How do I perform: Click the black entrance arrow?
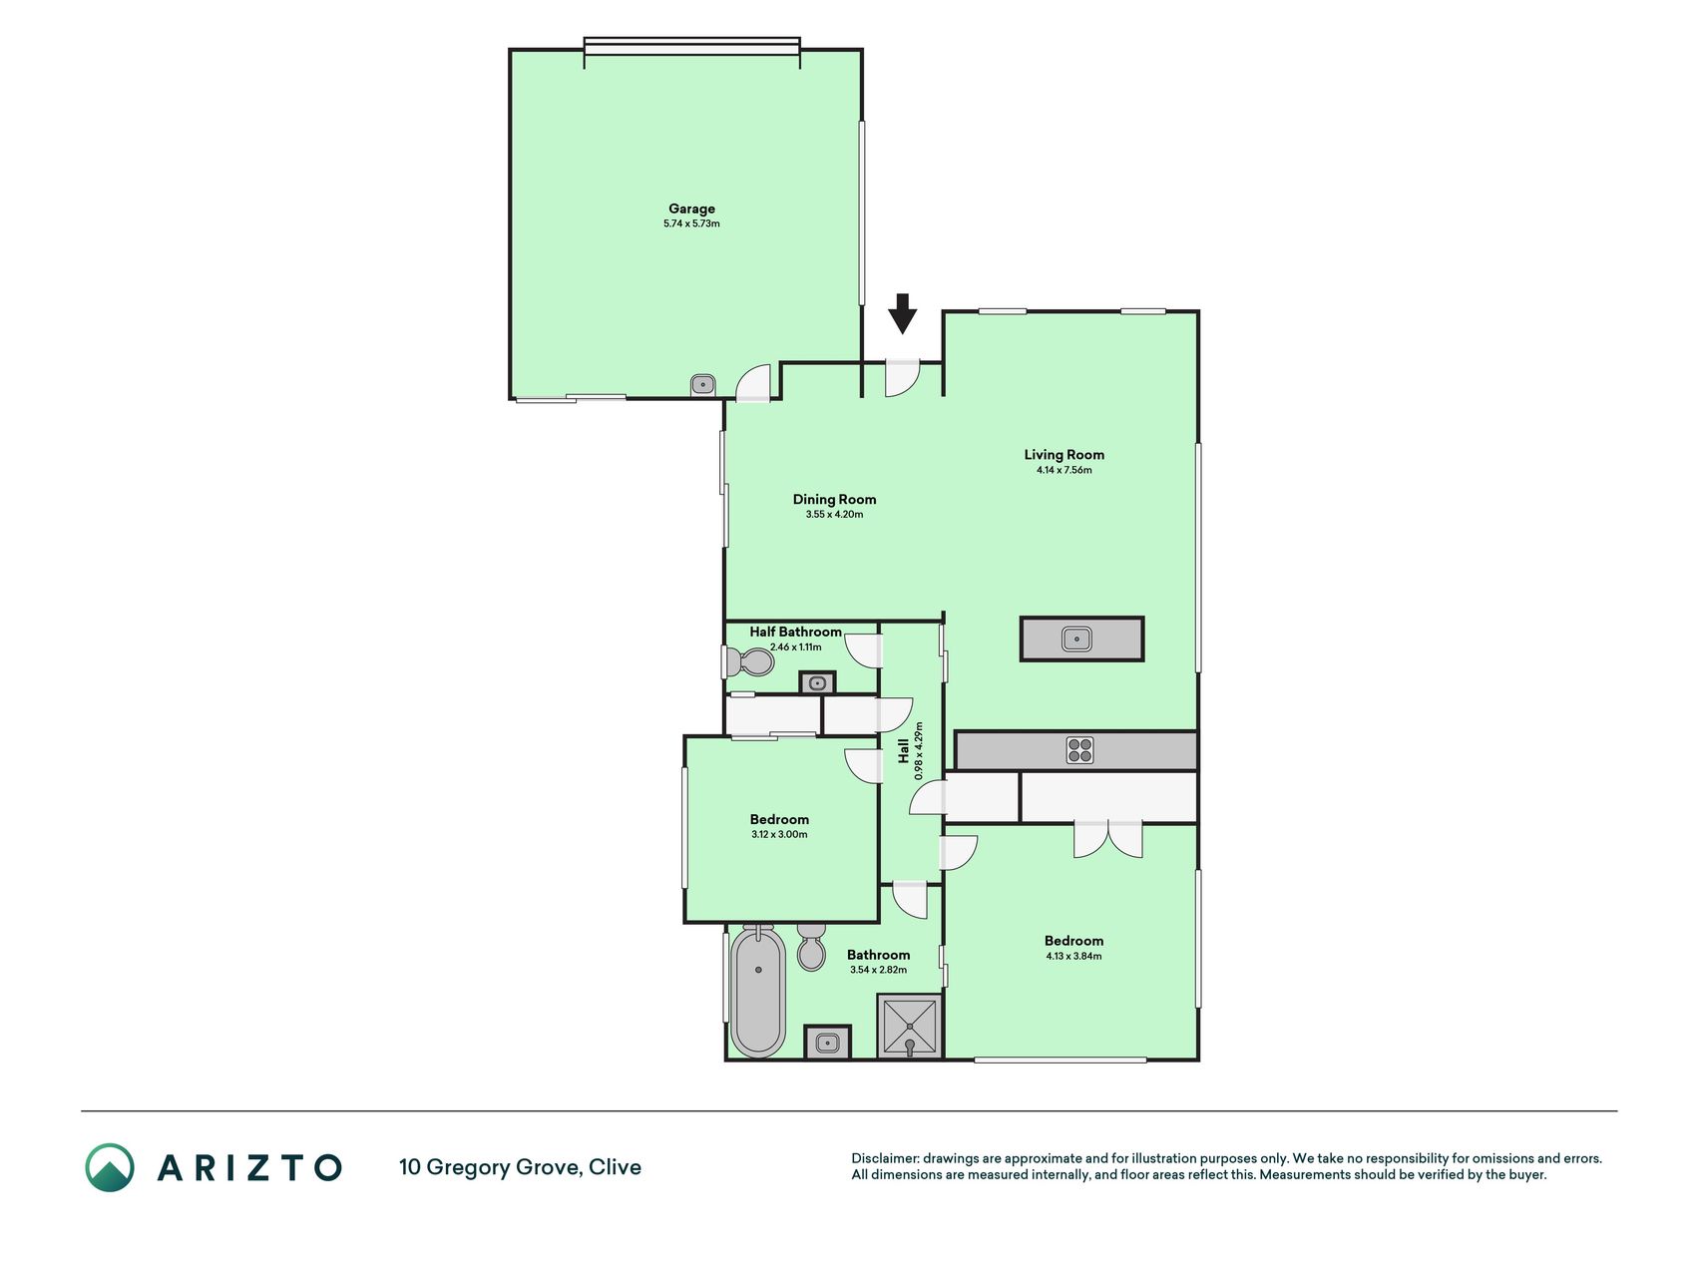click(x=902, y=313)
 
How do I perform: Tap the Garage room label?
click(x=691, y=209)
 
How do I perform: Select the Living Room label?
click(x=1064, y=454)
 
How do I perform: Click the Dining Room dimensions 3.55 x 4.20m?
click(x=834, y=515)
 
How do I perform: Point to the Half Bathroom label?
click(x=795, y=632)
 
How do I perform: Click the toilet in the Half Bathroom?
click(x=749, y=661)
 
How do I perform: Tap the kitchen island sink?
click(x=1076, y=638)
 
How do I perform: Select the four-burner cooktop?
click(x=1079, y=750)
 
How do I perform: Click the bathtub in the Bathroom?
click(x=758, y=992)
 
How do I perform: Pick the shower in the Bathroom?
click(x=909, y=1026)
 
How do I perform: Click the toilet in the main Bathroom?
click(x=811, y=947)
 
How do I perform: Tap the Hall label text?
click(x=903, y=751)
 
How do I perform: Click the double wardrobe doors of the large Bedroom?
click(x=1107, y=840)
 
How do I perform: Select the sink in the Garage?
click(x=702, y=384)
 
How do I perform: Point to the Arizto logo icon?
click(x=110, y=1167)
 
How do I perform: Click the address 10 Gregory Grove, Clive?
click(x=520, y=1167)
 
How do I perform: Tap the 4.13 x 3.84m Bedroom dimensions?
click(x=1073, y=956)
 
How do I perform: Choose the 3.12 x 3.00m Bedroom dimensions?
click(x=779, y=835)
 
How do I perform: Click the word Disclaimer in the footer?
click(x=884, y=1158)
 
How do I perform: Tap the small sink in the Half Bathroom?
click(x=817, y=682)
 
